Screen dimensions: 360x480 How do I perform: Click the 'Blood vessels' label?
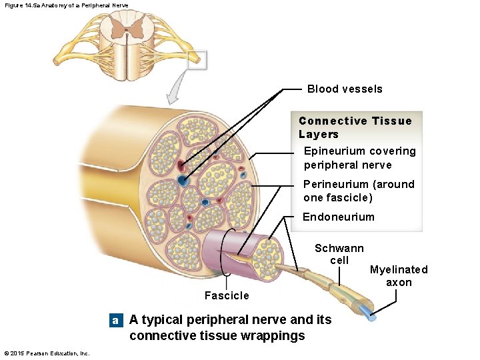(x=345, y=89)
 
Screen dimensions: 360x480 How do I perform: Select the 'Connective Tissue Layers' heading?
(x=355, y=127)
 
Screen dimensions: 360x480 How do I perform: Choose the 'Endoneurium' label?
(x=339, y=217)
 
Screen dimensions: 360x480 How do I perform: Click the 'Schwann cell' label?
(x=339, y=254)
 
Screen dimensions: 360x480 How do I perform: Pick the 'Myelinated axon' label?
(x=399, y=276)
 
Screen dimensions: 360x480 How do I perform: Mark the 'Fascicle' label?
(x=227, y=295)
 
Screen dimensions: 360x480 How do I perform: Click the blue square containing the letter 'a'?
(x=116, y=321)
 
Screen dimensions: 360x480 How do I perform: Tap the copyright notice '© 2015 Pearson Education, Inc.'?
(x=47, y=353)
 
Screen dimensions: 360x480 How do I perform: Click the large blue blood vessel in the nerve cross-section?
(x=182, y=181)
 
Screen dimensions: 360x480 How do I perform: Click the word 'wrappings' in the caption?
(x=273, y=335)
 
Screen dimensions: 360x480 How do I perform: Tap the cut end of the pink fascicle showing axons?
(x=270, y=253)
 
